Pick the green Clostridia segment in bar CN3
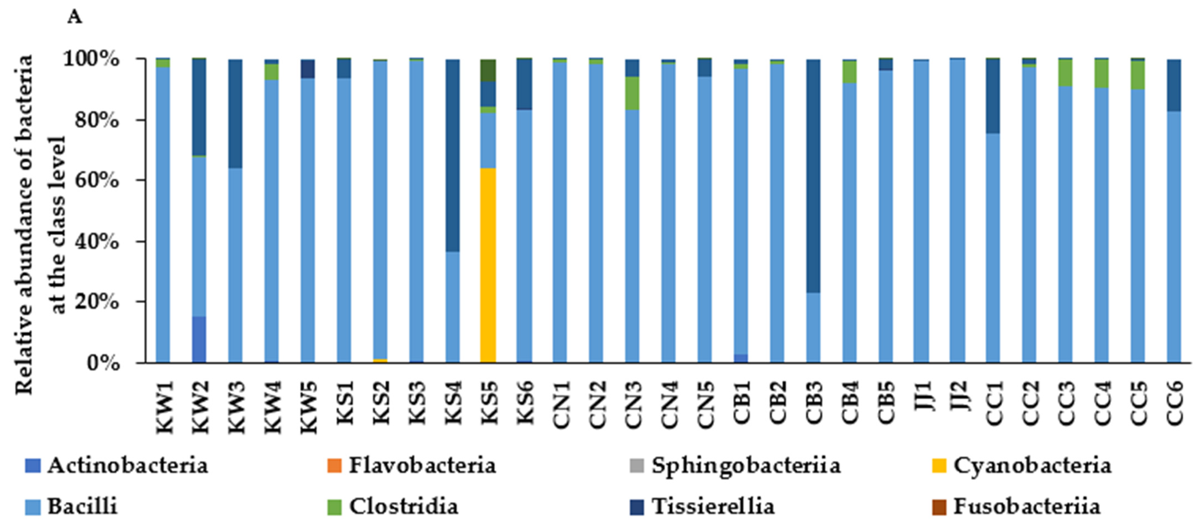632,93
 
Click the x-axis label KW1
164,407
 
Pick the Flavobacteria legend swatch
334,466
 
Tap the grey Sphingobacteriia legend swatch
636,466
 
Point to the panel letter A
75,17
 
